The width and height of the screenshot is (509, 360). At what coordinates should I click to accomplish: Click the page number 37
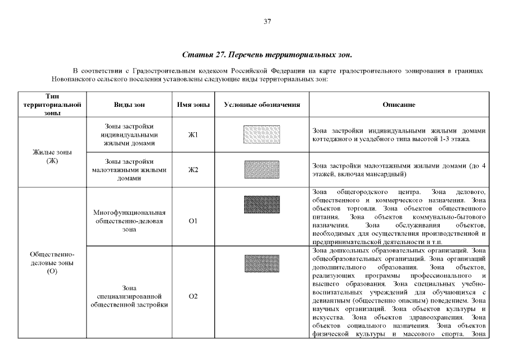click(x=267, y=21)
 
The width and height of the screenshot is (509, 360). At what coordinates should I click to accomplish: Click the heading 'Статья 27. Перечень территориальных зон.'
click(x=267, y=55)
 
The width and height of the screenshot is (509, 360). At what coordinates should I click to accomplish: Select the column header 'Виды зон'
click(x=129, y=105)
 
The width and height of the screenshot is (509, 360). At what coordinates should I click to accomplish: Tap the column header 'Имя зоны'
click(x=193, y=105)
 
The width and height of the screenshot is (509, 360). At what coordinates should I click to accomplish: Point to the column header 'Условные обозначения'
click(x=262, y=105)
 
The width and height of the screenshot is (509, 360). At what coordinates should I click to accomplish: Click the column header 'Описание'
click(x=399, y=105)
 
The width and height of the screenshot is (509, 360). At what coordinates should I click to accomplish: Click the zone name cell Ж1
click(x=193, y=135)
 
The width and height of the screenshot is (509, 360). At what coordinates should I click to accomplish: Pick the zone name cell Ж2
click(x=193, y=170)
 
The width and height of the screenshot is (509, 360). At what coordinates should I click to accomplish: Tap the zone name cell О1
click(x=193, y=221)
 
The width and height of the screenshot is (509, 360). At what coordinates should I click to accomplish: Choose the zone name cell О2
click(x=193, y=296)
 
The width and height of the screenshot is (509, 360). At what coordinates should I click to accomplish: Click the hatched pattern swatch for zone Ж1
click(x=262, y=135)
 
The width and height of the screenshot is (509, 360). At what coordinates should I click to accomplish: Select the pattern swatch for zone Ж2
click(x=262, y=169)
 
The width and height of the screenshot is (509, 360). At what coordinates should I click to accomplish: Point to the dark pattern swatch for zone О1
click(x=262, y=204)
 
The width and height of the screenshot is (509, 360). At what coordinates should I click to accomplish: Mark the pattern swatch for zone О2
click(x=262, y=263)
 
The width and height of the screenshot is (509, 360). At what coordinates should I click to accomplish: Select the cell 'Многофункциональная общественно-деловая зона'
click(x=129, y=221)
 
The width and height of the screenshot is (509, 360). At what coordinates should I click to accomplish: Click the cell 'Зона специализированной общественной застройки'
click(x=129, y=296)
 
